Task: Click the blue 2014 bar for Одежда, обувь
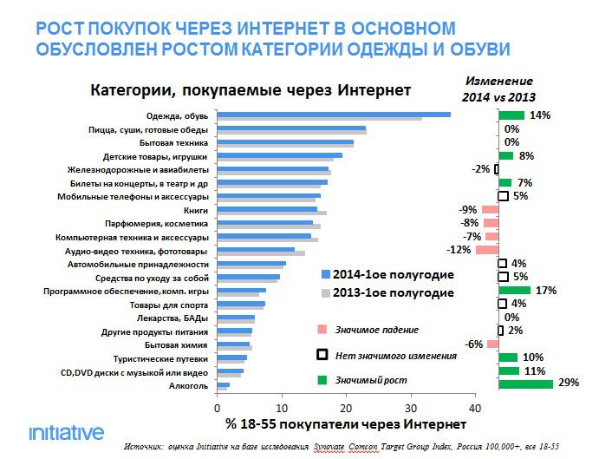[333, 113]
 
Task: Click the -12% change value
[459, 250]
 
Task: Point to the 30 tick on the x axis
[410, 407]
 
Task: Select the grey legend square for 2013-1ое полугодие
[326, 293]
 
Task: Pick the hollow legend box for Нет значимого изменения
[322, 355]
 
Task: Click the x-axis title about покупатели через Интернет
[345, 424]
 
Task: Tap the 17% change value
[545, 291]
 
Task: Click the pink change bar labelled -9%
[490, 210]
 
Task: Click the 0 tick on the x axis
[217, 407]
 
